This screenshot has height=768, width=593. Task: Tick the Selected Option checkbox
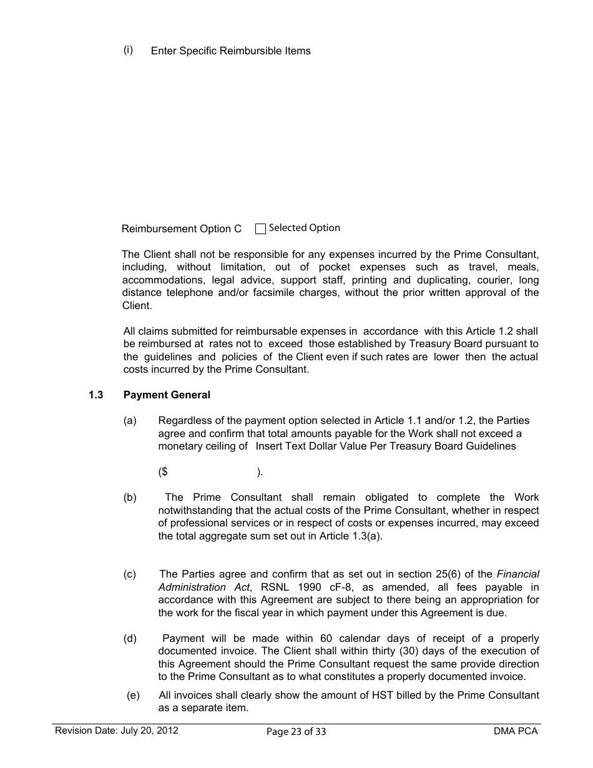tap(260, 229)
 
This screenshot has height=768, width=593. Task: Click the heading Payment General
tap(167, 395)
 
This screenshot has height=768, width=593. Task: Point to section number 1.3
tap(96, 395)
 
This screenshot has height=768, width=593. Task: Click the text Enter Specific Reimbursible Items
tap(230, 51)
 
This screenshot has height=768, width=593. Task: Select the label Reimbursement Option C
tap(181, 229)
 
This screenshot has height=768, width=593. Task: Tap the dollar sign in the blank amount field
tap(164, 472)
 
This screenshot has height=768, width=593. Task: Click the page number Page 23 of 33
tap(296, 732)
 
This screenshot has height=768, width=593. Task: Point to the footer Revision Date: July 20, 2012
tap(116, 731)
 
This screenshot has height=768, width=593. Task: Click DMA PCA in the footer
tap(515, 731)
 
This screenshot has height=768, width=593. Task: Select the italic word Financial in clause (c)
tap(517, 574)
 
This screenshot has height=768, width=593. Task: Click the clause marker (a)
tap(130, 421)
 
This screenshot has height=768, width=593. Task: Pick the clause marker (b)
tap(130, 498)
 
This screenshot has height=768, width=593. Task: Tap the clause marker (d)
tap(130, 638)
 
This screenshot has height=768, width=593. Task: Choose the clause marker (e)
tap(133, 695)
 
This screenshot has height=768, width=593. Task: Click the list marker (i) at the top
tap(128, 50)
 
